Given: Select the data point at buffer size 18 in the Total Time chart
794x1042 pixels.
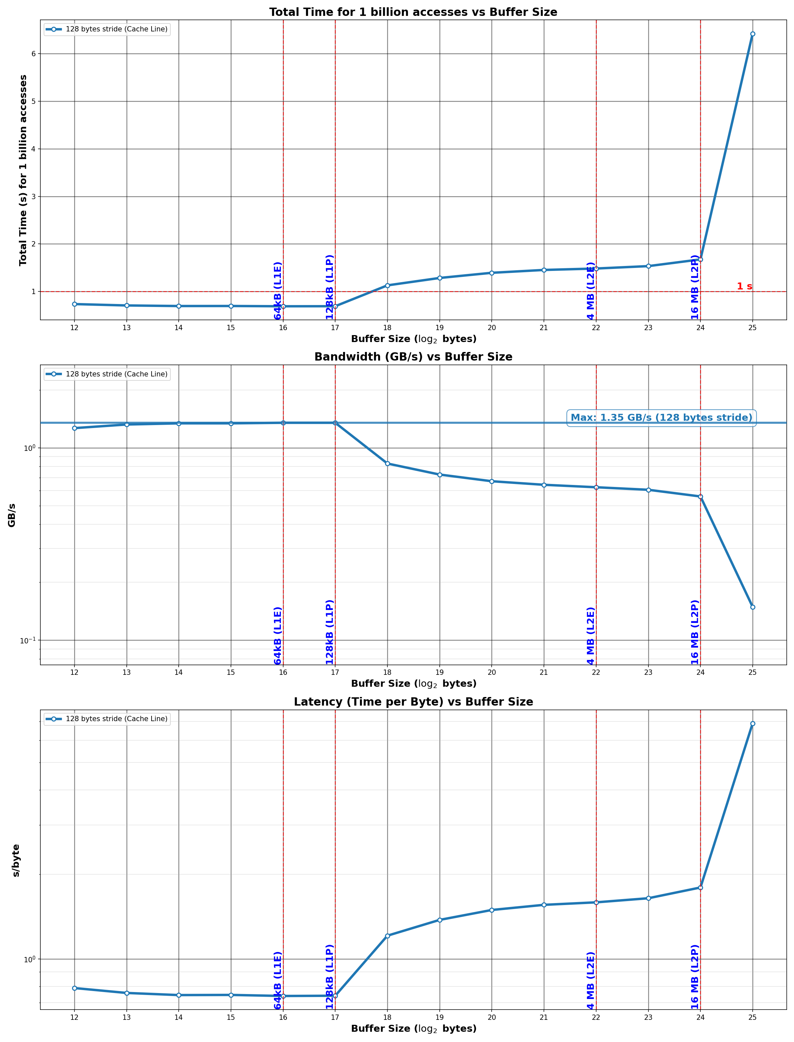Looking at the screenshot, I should tap(387, 285).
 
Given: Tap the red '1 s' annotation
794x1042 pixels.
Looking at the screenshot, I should tap(744, 286).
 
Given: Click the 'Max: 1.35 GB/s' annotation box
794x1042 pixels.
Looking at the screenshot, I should tap(661, 418).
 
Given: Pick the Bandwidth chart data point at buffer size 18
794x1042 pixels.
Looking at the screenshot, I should tap(387, 463).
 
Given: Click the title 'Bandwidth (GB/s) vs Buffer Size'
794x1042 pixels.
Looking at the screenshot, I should tap(413, 357).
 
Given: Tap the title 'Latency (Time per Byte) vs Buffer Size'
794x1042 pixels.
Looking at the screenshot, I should tap(413, 702).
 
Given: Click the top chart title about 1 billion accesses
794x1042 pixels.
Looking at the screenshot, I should tap(413, 12).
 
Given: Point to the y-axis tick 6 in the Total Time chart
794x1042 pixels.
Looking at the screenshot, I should tap(33, 54).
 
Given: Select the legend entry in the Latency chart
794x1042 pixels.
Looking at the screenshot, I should tap(107, 719).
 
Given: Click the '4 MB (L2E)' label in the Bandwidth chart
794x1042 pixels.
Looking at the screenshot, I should tap(591, 635).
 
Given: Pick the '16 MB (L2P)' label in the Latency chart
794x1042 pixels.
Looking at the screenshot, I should tap(695, 977).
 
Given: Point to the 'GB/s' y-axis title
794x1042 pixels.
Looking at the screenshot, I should tap(12, 515).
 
